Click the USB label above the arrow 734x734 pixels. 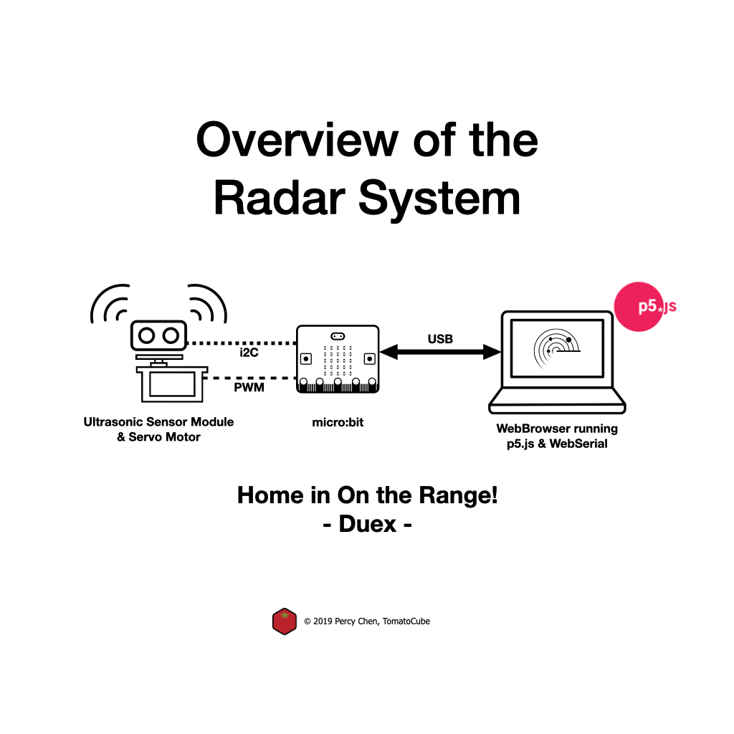[440, 338]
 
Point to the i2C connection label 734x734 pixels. [249, 353]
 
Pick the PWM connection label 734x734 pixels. [249, 387]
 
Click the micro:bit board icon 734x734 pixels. [338, 358]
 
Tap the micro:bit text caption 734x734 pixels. [338, 422]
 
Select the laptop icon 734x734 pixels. [557, 362]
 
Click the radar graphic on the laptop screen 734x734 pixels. [556, 346]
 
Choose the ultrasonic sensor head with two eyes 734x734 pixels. [158, 335]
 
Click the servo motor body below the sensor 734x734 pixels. [172, 384]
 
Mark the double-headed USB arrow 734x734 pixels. [440, 352]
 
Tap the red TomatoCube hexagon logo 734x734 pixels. [285, 621]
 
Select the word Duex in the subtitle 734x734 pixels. [367, 524]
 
